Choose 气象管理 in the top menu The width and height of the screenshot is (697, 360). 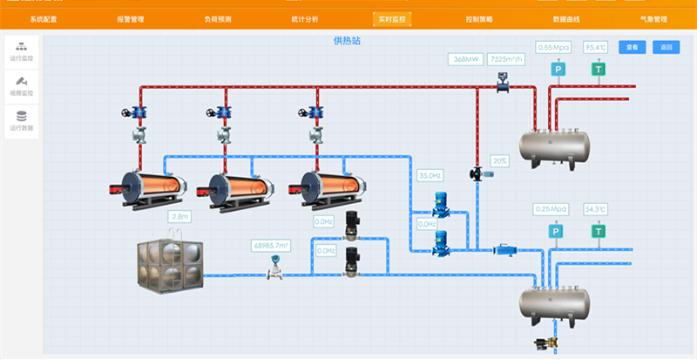[653, 18]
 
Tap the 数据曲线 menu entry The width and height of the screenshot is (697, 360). [565, 18]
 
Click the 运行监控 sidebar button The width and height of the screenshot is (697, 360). [22, 51]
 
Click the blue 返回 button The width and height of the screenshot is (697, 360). [667, 47]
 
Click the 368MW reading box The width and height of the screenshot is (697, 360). [465, 59]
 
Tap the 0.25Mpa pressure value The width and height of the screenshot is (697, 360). [551, 209]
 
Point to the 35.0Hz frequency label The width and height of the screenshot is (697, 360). [430, 175]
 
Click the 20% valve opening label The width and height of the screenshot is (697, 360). [500, 161]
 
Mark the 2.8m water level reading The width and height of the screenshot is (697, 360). [180, 216]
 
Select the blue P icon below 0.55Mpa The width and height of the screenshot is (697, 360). [558, 69]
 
